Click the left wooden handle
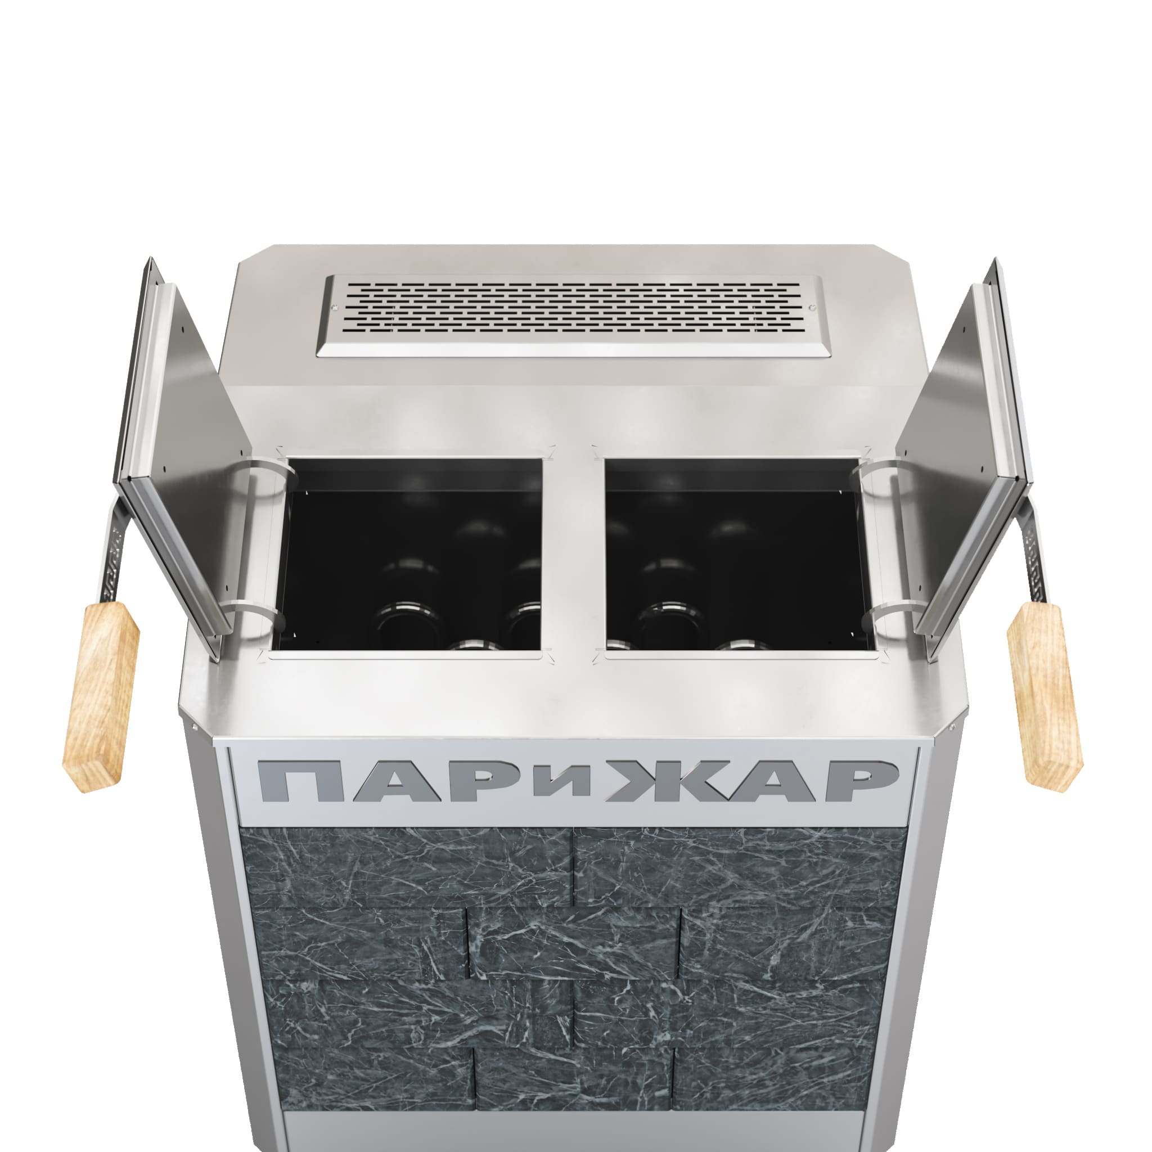click(x=101, y=696)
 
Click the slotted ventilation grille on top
click(x=573, y=316)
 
